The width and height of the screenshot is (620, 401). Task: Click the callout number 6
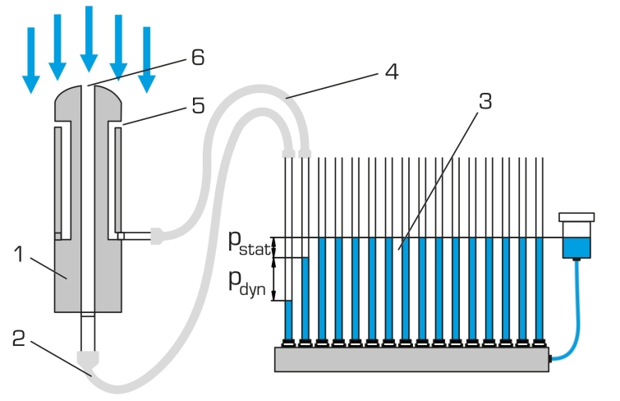click(198, 57)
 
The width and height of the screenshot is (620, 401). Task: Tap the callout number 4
click(392, 71)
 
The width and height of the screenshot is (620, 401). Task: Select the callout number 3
click(485, 101)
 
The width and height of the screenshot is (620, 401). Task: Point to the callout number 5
click(198, 106)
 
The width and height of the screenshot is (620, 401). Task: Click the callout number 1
click(19, 254)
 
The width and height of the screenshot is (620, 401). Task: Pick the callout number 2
click(19, 338)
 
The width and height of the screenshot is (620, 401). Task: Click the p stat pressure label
click(249, 242)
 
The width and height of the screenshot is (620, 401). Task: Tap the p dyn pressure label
click(247, 283)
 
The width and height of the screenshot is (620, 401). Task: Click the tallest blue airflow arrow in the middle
click(89, 39)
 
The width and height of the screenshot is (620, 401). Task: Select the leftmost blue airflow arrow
click(31, 60)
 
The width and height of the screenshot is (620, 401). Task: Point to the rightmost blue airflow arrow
click(147, 60)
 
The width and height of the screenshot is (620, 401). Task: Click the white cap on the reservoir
click(576, 217)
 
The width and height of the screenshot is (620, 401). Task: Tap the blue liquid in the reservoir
click(576, 247)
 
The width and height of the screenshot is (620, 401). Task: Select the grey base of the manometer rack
click(411, 359)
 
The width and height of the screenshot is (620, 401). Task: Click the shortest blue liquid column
click(288, 320)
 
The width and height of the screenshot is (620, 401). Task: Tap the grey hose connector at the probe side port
click(157, 236)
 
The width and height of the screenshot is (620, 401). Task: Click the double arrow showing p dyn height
click(273, 279)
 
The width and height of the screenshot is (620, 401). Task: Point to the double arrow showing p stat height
click(273, 248)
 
